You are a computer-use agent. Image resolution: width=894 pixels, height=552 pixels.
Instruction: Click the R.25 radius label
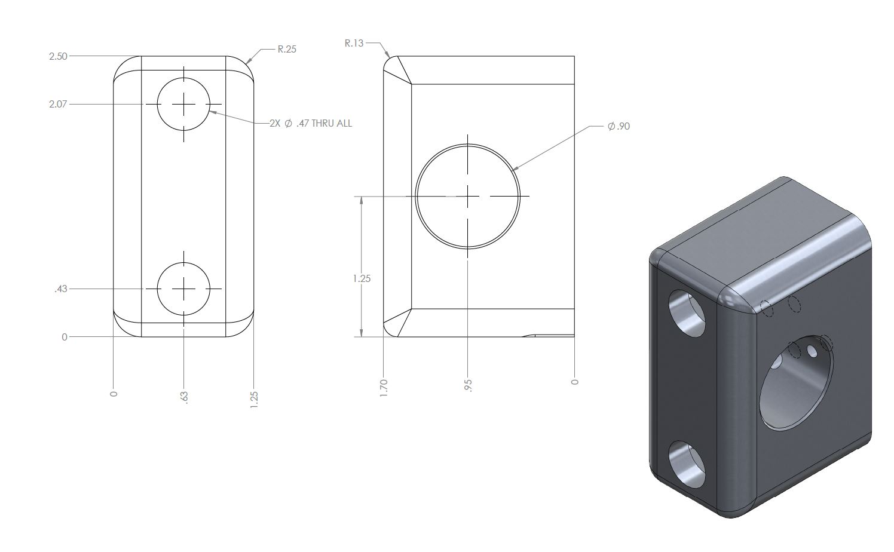(287, 49)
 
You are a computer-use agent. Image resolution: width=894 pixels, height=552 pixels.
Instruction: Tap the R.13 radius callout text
(354, 43)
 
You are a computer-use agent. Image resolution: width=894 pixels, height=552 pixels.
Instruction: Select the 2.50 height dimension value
(59, 56)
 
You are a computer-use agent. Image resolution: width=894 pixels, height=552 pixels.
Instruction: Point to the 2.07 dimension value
(58, 104)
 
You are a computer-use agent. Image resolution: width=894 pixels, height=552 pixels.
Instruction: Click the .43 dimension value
(61, 289)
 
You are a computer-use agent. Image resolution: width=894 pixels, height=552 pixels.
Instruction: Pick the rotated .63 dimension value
(184, 397)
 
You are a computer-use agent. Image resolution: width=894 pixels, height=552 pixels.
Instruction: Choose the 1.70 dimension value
(384, 388)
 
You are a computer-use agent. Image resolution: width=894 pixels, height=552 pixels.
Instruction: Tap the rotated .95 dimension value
(468, 386)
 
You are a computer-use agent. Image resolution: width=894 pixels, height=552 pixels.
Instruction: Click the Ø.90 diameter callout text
(619, 127)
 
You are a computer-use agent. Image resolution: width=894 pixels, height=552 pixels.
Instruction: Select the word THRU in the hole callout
(323, 123)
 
